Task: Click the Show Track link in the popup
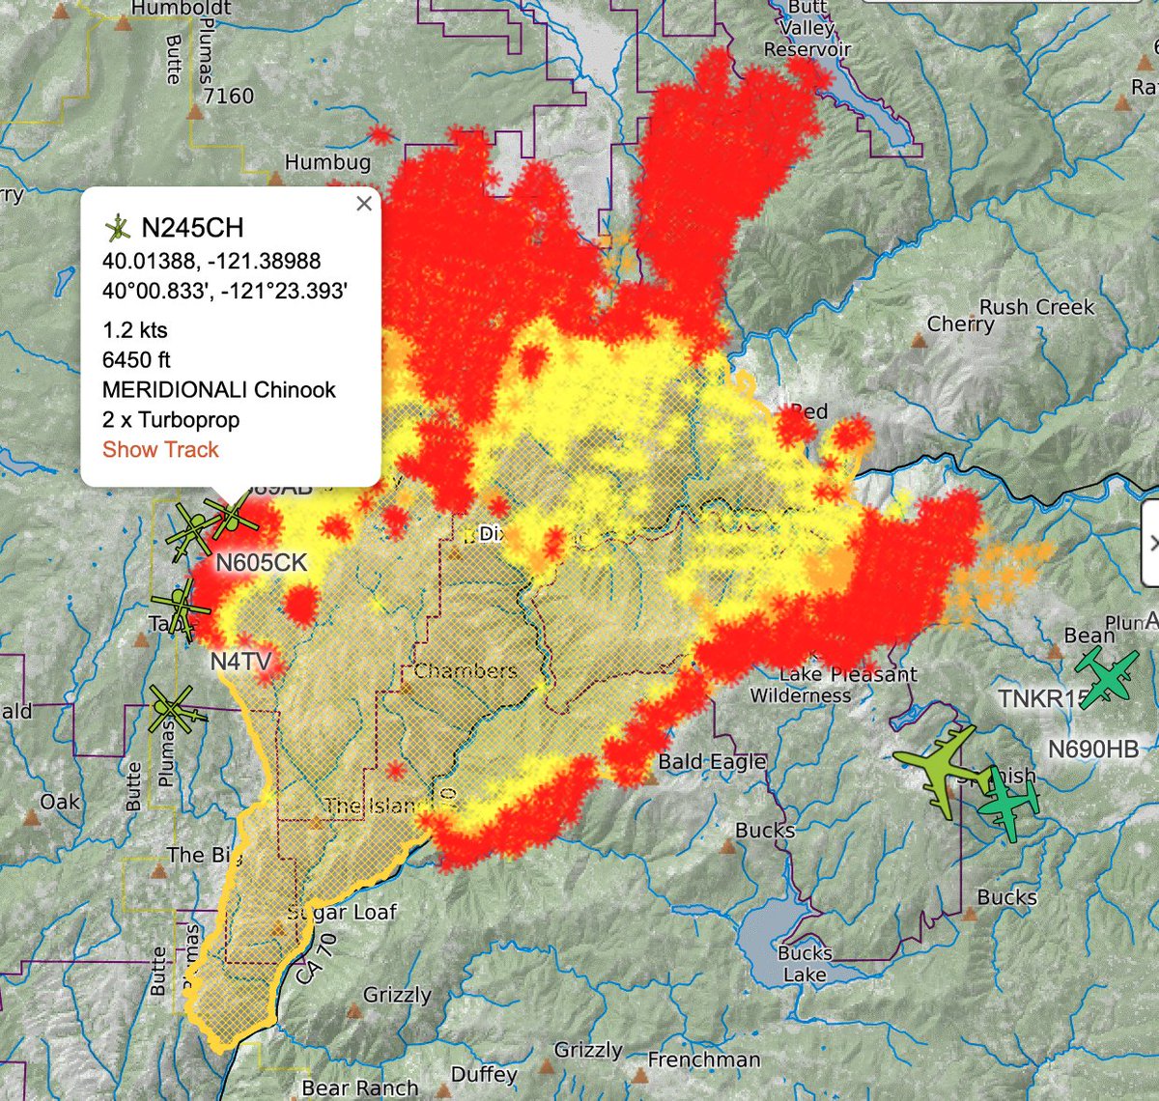[160, 450]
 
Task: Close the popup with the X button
[364, 203]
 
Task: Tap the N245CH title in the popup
[192, 228]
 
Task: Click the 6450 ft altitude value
[136, 360]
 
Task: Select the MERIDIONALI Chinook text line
[219, 390]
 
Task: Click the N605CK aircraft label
[261, 563]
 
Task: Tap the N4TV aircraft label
[240, 663]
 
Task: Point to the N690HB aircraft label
[1092, 748]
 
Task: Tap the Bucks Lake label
[805, 964]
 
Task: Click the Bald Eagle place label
[711, 762]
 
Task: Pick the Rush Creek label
[1036, 307]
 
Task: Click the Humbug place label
[327, 162]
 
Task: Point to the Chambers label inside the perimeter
[466, 671]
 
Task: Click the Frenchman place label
[703, 1059]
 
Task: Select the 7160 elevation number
[229, 96]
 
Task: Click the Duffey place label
[484, 1074]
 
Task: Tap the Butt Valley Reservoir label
[807, 28]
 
